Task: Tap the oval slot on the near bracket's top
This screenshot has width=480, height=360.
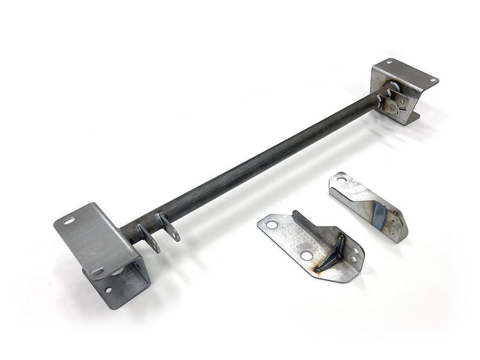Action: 70,220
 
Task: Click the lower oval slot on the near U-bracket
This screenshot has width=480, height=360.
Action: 98,272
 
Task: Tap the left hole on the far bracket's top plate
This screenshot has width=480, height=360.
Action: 388,63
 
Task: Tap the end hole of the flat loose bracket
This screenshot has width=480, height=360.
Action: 272,225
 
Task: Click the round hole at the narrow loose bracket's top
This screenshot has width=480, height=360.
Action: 341,181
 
